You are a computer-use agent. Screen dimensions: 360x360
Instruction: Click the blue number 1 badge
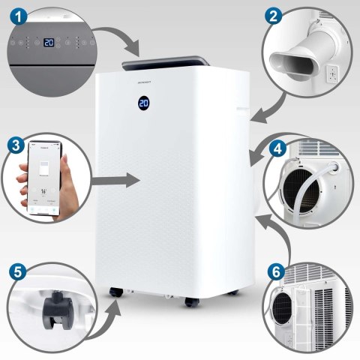coord(14,14)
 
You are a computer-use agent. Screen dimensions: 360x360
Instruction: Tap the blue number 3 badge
coord(13,143)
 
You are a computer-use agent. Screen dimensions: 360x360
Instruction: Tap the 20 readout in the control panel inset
coord(49,43)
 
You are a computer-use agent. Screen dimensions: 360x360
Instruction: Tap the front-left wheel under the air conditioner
coord(115,293)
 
